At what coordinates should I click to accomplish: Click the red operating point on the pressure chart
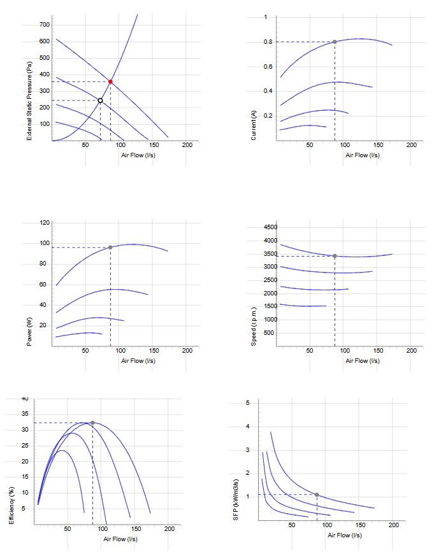click(x=110, y=81)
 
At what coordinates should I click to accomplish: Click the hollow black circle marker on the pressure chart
click(x=101, y=101)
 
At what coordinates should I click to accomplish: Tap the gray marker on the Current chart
click(x=335, y=42)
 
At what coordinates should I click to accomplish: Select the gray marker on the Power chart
click(x=110, y=248)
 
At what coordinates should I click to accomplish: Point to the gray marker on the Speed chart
click(x=335, y=256)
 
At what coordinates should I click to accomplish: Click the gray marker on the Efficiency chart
click(x=92, y=423)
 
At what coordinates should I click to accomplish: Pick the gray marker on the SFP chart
click(x=317, y=495)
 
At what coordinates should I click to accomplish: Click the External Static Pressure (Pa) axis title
click(x=29, y=101)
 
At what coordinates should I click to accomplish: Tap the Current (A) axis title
click(x=253, y=125)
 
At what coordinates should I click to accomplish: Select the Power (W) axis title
click(x=29, y=332)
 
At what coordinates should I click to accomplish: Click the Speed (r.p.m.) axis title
click(x=253, y=327)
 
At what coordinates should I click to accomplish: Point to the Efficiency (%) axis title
click(x=11, y=506)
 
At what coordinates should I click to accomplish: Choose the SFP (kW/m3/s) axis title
click(x=236, y=499)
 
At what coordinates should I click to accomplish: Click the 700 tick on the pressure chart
click(x=45, y=25)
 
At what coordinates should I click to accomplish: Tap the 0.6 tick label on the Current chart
click(x=268, y=67)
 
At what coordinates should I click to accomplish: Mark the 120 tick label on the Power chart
click(x=45, y=222)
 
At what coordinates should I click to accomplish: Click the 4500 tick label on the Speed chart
click(x=270, y=227)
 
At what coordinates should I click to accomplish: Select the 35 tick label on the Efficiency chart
click(x=25, y=414)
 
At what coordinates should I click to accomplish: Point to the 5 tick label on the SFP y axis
click(x=248, y=403)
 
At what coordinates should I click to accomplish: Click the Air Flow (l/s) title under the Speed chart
click(x=363, y=361)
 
